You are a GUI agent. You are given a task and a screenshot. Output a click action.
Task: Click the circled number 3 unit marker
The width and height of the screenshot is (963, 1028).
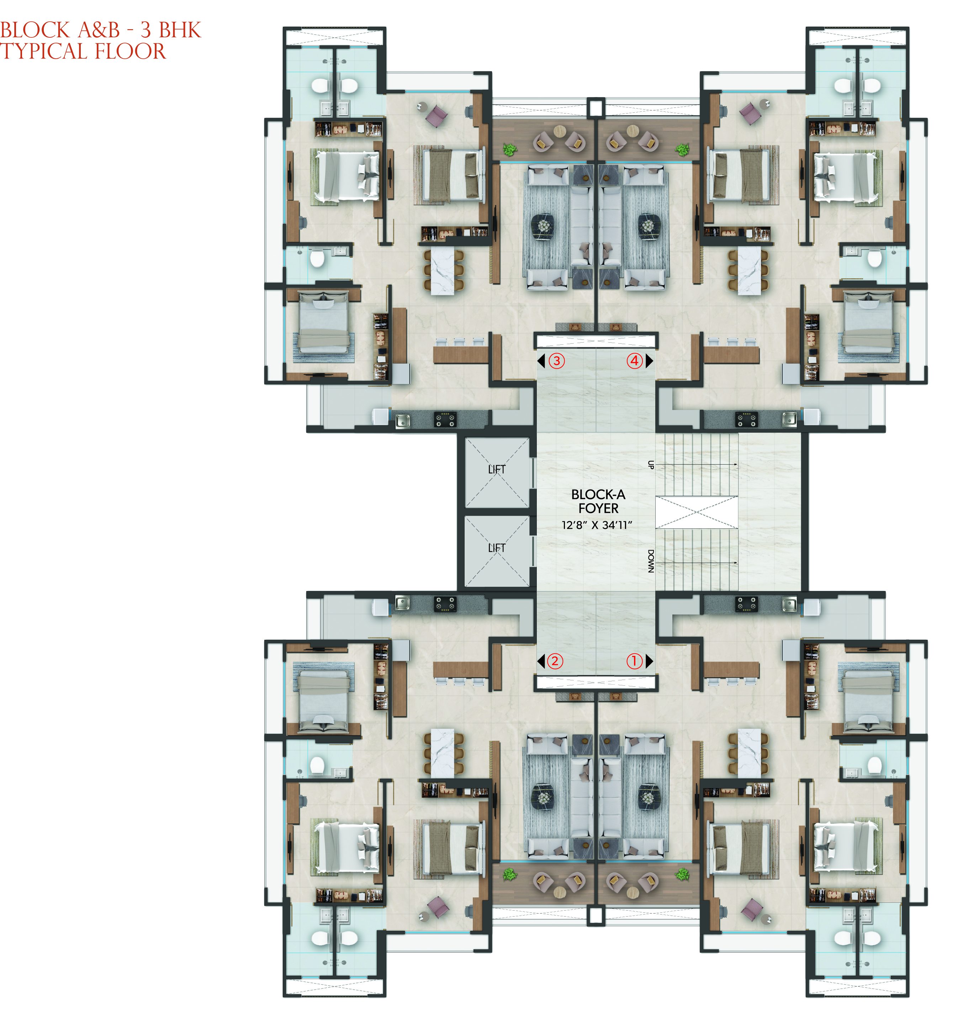click(x=556, y=361)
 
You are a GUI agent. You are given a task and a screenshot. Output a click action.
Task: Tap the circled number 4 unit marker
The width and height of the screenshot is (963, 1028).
click(x=634, y=361)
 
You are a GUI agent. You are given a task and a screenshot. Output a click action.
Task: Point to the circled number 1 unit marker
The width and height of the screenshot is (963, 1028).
click(x=634, y=661)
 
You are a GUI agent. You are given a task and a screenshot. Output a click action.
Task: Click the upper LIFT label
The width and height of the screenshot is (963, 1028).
click(x=497, y=470)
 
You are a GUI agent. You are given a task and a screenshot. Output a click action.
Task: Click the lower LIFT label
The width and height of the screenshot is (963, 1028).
click(x=497, y=548)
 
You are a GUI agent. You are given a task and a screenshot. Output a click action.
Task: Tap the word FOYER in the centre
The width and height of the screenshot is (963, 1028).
click(x=598, y=509)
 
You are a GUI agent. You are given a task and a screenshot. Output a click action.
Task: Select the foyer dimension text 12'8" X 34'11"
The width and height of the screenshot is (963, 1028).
click(x=597, y=525)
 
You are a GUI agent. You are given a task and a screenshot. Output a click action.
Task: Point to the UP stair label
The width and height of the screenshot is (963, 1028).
click(x=651, y=464)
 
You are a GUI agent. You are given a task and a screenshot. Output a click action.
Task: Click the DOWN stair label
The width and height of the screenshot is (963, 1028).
click(x=651, y=561)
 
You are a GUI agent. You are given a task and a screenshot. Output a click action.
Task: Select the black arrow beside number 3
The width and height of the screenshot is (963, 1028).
click(x=541, y=361)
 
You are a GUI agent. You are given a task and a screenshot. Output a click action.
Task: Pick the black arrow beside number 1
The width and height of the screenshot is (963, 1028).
click(x=649, y=661)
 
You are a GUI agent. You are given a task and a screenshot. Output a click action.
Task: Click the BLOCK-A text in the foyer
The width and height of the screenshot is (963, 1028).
click(x=598, y=495)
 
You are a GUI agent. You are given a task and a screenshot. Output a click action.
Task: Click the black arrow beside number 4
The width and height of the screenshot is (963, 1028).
click(x=649, y=361)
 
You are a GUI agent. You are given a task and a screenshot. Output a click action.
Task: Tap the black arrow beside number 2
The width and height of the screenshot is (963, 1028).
click(x=541, y=661)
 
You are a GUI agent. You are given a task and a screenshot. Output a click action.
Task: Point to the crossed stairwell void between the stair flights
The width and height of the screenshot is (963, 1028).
click(x=696, y=512)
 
